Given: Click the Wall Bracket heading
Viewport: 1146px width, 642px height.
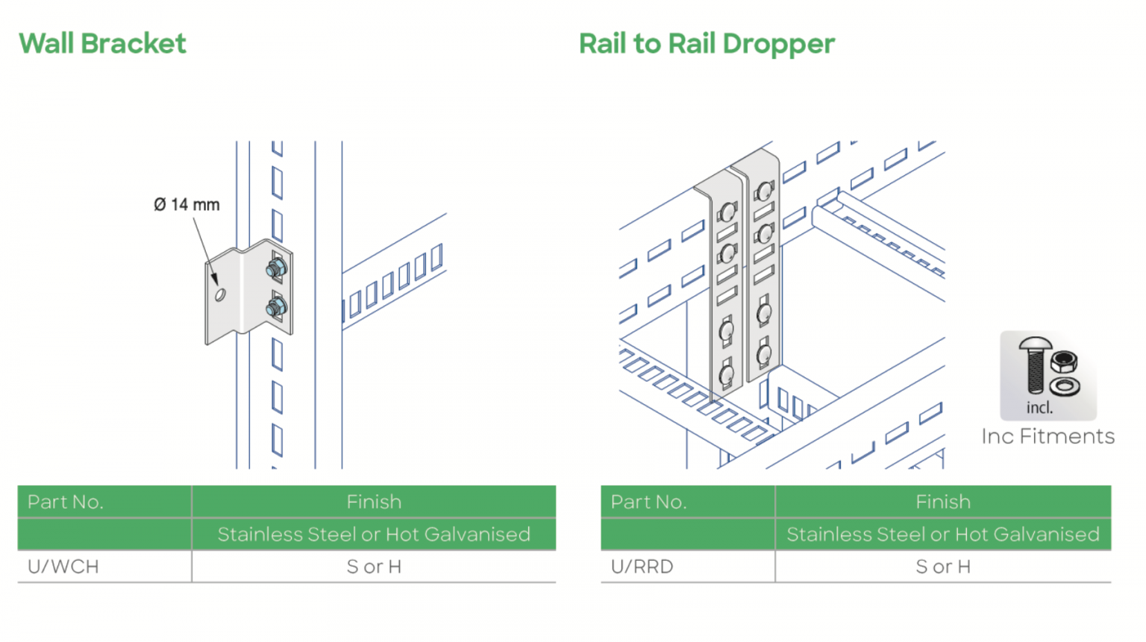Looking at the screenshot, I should coord(102,44).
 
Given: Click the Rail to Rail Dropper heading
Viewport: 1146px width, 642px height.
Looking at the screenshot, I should coord(707,44).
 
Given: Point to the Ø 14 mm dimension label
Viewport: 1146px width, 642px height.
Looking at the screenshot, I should coord(187,204).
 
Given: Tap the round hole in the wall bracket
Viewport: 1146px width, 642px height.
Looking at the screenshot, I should coord(220,295).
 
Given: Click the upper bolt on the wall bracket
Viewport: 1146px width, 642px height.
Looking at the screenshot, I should coord(276,268).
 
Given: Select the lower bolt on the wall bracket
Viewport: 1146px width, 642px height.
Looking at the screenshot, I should coord(276,306).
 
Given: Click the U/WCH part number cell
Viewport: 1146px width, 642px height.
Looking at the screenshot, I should coord(63,567).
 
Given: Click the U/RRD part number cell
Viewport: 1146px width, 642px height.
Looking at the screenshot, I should coord(642,567).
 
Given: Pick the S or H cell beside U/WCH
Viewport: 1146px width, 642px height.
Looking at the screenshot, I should coord(374,567).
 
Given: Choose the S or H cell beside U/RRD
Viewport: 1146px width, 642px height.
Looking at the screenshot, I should coord(943,567).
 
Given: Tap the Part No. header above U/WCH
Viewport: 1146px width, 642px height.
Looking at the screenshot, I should coord(66,502).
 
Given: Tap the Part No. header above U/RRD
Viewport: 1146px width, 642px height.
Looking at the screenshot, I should coord(648,502).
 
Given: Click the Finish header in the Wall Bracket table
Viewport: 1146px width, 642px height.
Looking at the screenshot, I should coord(374,502).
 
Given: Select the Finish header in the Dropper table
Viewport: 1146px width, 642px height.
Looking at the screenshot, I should coord(943,502).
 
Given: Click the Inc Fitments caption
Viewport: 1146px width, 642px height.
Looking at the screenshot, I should coord(1048,436).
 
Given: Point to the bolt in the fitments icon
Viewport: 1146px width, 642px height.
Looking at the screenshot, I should coord(1035,365).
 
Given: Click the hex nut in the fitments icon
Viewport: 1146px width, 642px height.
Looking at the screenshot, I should coord(1063,362).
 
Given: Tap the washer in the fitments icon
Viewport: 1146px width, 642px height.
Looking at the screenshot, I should coord(1064,386).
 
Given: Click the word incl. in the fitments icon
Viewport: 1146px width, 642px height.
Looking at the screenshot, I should coord(1039,408).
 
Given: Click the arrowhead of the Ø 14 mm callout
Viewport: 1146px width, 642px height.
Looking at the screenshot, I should coord(215,281).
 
